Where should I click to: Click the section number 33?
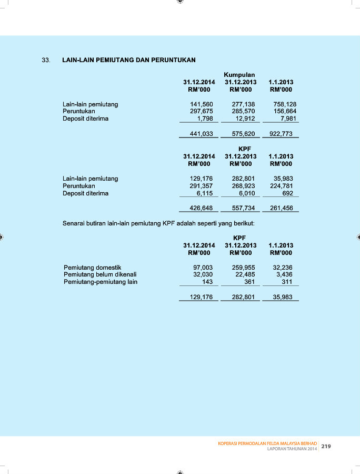click(x=46, y=60)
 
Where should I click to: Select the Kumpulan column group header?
click(x=239, y=75)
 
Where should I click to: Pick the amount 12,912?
click(x=245, y=118)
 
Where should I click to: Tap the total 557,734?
click(x=243, y=208)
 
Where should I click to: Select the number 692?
click(x=287, y=193)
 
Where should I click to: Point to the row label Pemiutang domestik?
click(x=93, y=268)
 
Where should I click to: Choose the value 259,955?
click(x=243, y=268)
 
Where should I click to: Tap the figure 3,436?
click(x=284, y=274)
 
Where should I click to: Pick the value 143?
click(x=207, y=282)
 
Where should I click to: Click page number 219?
click(x=326, y=447)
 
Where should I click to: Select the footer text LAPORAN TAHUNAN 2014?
click(x=292, y=449)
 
